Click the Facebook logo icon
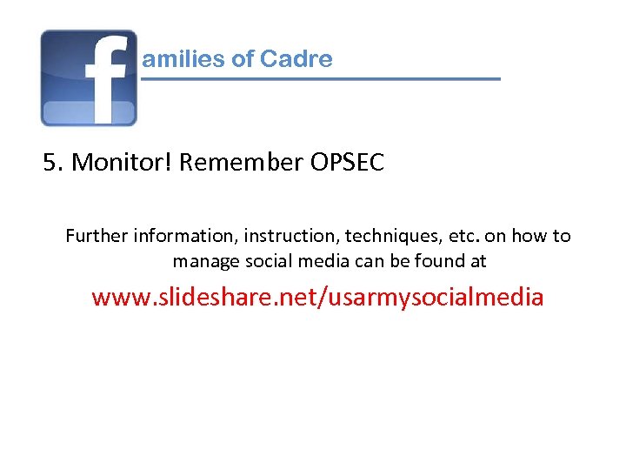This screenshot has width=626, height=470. [x=89, y=78]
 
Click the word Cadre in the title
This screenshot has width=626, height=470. [x=296, y=59]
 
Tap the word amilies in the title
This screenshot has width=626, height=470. [x=183, y=59]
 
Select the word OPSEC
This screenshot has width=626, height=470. [x=346, y=163]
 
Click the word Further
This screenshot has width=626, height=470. [x=97, y=236]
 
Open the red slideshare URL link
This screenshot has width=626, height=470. [x=317, y=298]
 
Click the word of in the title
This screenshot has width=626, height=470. [x=243, y=59]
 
